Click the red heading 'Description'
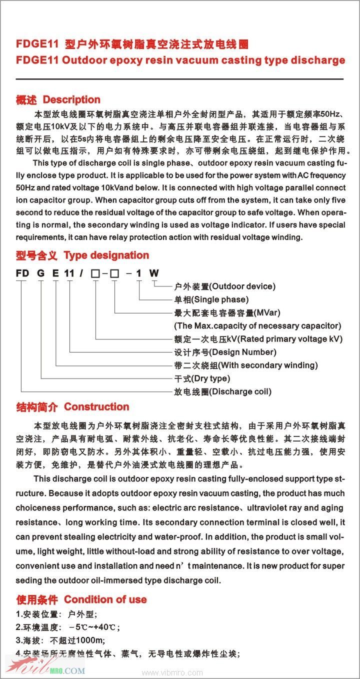(x=71, y=99)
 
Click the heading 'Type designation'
(x=106, y=255)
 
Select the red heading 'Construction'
(x=96, y=407)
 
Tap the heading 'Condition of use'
(x=105, y=599)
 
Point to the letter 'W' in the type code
(x=154, y=273)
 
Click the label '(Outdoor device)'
(x=242, y=286)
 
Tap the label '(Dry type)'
(x=211, y=378)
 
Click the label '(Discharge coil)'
(x=240, y=391)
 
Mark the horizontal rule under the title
(x=180, y=79)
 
